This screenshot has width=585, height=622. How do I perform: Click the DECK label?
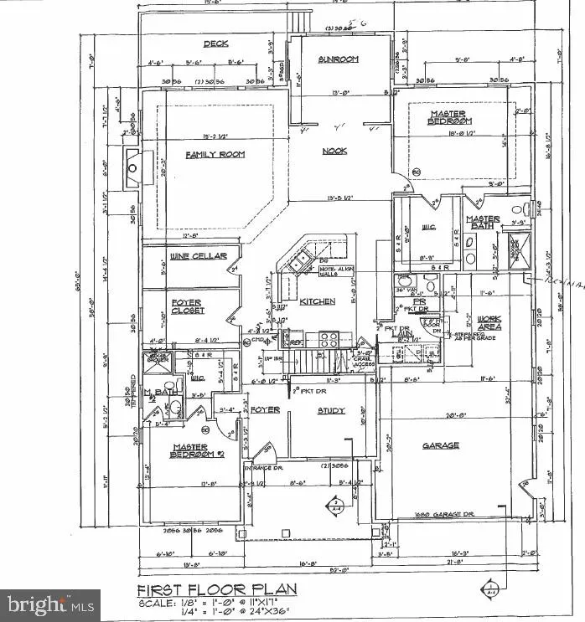pyautogui.click(x=216, y=44)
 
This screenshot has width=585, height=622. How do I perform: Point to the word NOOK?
pyautogui.click(x=335, y=152)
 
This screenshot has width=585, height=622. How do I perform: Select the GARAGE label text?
pyautogui.click(x=440, y=445)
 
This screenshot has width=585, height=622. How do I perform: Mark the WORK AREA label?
pyautogui.click(x=489, y=324)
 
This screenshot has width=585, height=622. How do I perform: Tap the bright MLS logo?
pyautogui.click(x=49, y=604)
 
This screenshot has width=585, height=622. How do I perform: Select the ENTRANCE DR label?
pyautogui.click(x=261, y=467)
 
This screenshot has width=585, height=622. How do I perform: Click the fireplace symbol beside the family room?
pyautogui.click(x=132, y=164)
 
